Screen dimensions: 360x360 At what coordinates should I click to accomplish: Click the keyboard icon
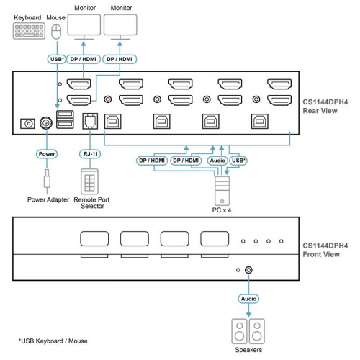[x=27, y=32]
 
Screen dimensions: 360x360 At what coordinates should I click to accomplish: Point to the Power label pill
[x=47, y=153]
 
